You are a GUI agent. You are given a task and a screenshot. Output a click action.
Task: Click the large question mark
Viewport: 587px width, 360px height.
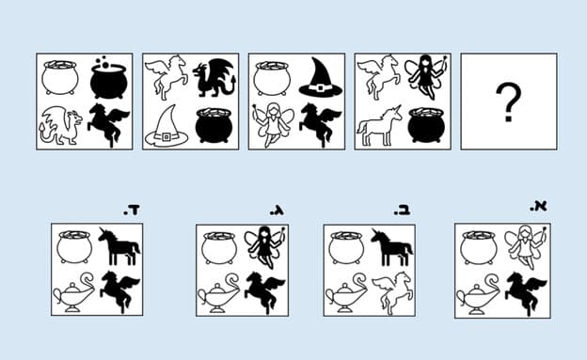[509, 102]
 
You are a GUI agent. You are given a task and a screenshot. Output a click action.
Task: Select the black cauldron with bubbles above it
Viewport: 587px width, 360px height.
[108, 78]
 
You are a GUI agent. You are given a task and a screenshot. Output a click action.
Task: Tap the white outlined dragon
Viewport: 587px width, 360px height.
[60, 125]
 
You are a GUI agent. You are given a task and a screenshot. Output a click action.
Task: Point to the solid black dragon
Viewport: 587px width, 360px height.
[214, 78]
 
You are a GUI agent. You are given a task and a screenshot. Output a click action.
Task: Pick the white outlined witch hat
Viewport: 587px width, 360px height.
[167, 127]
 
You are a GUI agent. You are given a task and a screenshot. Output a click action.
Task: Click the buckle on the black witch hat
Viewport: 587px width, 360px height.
[320, 88]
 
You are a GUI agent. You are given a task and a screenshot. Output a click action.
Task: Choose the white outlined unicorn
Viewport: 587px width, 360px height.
[379, 126]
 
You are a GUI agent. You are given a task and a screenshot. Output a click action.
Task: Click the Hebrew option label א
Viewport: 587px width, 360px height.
[539, 207]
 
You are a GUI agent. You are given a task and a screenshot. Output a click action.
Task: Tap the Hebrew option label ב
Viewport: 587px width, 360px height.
[402, 211]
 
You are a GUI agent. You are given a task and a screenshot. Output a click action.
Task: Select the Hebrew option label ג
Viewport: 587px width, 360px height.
[277, 211]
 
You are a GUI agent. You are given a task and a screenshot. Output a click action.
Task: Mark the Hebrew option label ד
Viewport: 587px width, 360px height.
[132, 211]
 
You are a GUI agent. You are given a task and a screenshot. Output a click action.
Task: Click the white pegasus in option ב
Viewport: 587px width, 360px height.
[391, 292]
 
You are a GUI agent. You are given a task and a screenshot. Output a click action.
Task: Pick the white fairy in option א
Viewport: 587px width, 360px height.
[525, 246]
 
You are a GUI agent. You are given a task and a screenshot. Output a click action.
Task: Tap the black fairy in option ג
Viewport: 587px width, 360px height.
[265, 247]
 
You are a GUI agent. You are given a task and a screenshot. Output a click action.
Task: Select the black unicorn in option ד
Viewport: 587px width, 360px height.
[119, 246]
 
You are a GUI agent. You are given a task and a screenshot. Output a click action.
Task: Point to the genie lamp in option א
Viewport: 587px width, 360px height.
[478, 295]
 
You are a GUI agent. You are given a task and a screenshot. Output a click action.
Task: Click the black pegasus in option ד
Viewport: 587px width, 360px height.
[119, 291]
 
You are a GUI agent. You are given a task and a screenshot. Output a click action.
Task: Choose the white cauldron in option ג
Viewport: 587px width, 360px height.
[219, 247]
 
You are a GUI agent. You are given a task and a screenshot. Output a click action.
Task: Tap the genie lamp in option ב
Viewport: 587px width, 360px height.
[346, 293]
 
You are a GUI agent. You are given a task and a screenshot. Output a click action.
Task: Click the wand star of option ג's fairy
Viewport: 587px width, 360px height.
[283, 228]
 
